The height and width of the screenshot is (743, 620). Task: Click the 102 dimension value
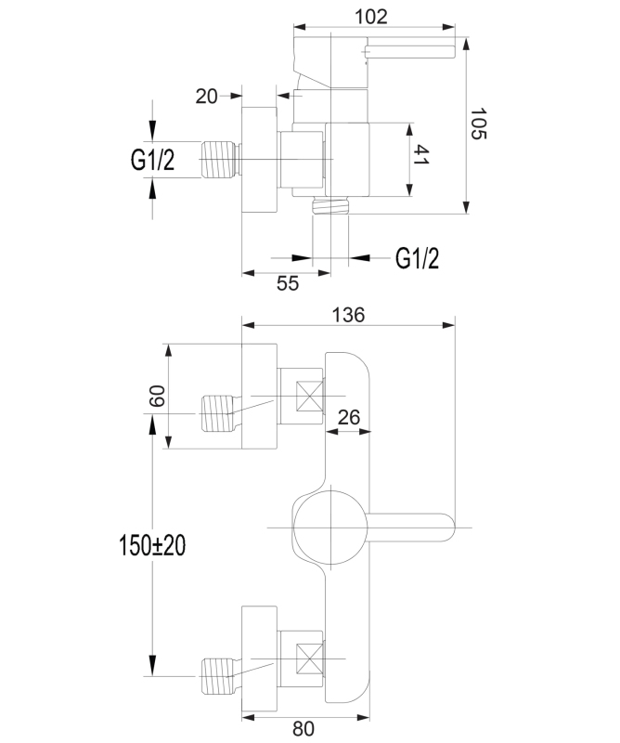point(371,16)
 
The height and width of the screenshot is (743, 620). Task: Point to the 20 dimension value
point(206,95)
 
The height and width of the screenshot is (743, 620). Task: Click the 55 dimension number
point(288,285)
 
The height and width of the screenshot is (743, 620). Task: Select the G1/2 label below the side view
point(417,259)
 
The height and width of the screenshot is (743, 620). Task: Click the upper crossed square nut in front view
point(308,398)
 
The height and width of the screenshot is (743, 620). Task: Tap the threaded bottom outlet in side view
point(331,206)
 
